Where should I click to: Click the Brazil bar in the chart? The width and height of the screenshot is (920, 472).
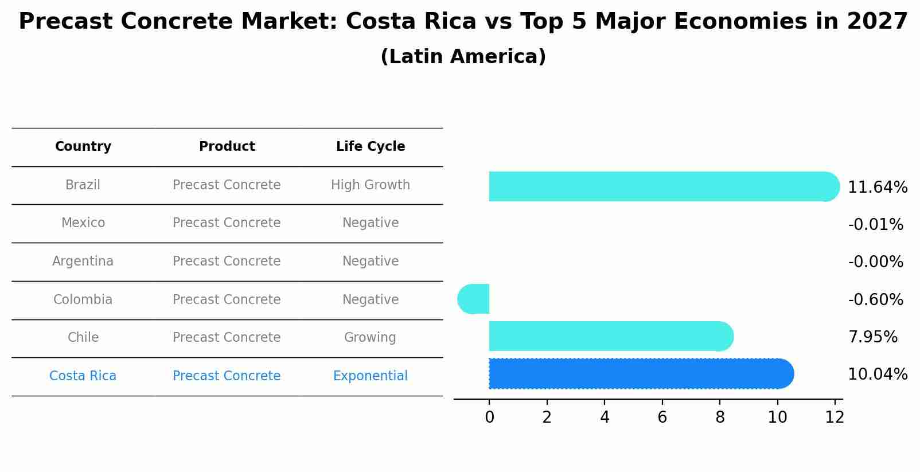pyautogui.click(x=660, y=186)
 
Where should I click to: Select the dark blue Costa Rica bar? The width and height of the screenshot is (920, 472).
pyautogui.click(x=640, y=374)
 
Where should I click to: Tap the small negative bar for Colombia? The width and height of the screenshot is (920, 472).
pyautogui.click(x=474, y=299)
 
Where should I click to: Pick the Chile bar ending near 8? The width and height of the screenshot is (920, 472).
pyautogui.click(x=608, y=336)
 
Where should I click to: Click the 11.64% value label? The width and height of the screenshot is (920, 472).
pyautogui.click(x=877, y=188)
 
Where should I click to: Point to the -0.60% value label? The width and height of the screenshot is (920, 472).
pyautogui.click(x=875, y=299)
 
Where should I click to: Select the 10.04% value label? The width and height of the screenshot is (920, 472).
pyautogui.click(x=877, y=375)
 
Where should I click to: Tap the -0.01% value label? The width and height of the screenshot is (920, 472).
pyautogui.click(x=875, y=225)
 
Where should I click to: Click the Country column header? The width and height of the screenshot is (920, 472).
pyautogui.click(x=83, y=147)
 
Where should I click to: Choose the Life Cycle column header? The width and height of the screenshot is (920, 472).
pyautogui.click(x=371, y=147)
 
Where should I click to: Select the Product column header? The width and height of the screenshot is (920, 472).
pyautogui.click(x=227, y=147)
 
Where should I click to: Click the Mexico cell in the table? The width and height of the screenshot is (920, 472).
pyautogui.click(x=83, y=223)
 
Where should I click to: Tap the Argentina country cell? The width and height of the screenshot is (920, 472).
pyautogui.click(x=83, y=262)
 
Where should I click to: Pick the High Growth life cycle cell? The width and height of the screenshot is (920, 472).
pyautogui.click(x=371, y=185)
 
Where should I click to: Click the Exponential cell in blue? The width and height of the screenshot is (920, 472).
pyautogui.click(x=371, y=376)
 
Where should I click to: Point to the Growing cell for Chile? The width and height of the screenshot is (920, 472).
pyautogui.click(x=371, y=338)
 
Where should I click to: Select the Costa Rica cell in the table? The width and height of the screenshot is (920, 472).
pyautogui.click(x=83, y=376)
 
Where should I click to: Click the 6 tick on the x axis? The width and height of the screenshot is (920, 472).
pyautogui.click(x=662, y=417)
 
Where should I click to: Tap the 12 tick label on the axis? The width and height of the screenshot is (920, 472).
pyautogui.click(x=835, y=417)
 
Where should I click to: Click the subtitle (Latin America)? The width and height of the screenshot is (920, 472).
pyautogui.click(x=463, y=57)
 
